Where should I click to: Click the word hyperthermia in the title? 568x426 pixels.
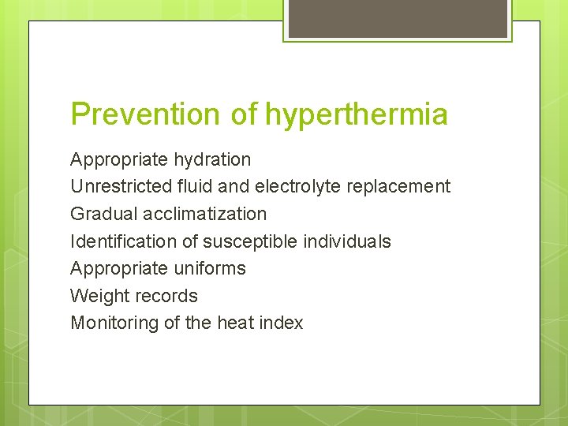357,114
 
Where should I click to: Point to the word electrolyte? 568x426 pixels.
297,187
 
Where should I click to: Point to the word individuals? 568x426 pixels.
348,241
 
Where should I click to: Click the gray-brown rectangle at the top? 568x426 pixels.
398,18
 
